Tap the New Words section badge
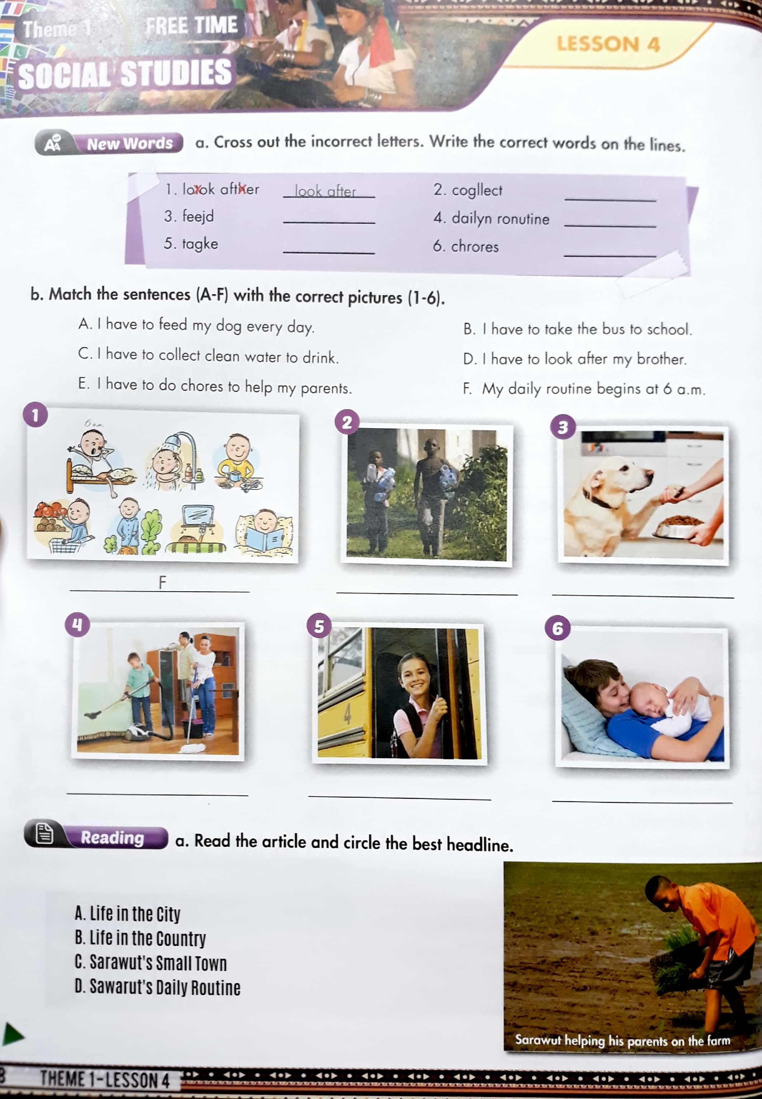(x=109, y=143)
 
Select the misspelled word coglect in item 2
(x=477, y=190)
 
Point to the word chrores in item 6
(x=475, y=247)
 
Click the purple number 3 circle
(x=563, y=426)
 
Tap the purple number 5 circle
(x=319, y=626)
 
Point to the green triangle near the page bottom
(x=13, y=1034)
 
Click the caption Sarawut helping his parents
(x=622, y=1040)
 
